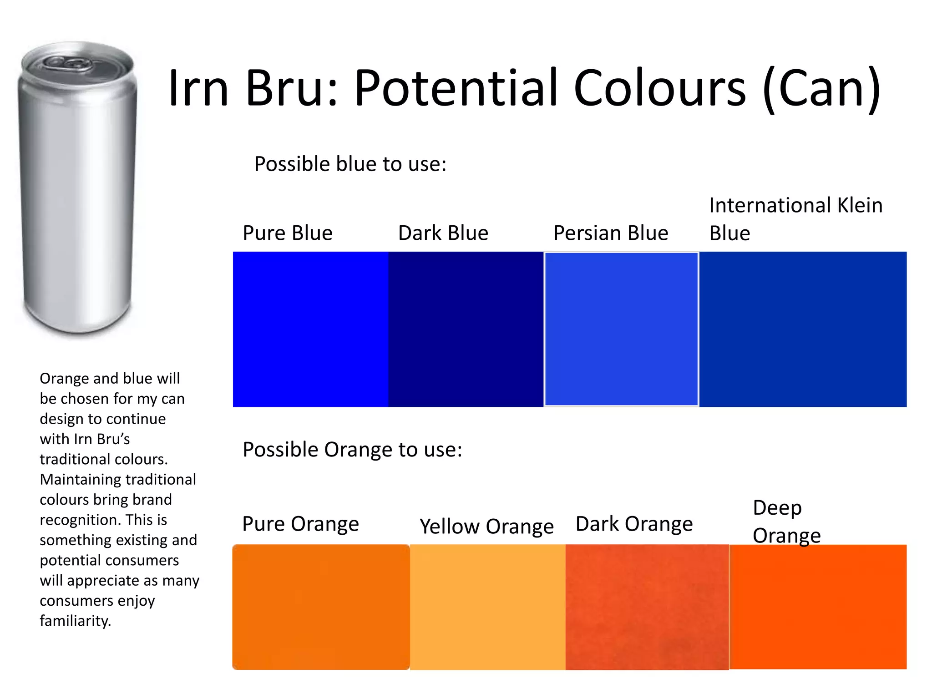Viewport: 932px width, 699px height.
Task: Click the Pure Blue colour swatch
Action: (x=310, y=329)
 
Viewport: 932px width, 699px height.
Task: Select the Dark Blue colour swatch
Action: (x=466, y=329)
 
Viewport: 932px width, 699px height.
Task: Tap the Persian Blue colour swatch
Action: (x=621, y=329)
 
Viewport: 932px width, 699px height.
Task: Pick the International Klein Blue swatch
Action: (x=803, y=329)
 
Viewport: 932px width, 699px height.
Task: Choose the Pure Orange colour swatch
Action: (x=321, y=607)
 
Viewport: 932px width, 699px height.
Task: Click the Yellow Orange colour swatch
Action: (x=487, y=607)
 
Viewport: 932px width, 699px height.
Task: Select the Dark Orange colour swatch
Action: (x=647, y=607)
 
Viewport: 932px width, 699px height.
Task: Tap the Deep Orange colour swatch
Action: (x=818, y=607)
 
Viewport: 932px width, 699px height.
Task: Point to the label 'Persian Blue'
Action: (x=610, y=233)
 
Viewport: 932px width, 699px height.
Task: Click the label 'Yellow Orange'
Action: (x=486, y=527)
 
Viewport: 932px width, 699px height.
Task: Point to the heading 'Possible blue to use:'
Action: (x=350, y=164)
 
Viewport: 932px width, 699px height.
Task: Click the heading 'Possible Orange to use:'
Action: (x=352, y=450)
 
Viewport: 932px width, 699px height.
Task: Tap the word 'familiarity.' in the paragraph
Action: (x=76, y=621)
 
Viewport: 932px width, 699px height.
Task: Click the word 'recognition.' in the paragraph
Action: (x=81, y=520)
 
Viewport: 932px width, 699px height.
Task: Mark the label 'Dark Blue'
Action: (x=443, y=233)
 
